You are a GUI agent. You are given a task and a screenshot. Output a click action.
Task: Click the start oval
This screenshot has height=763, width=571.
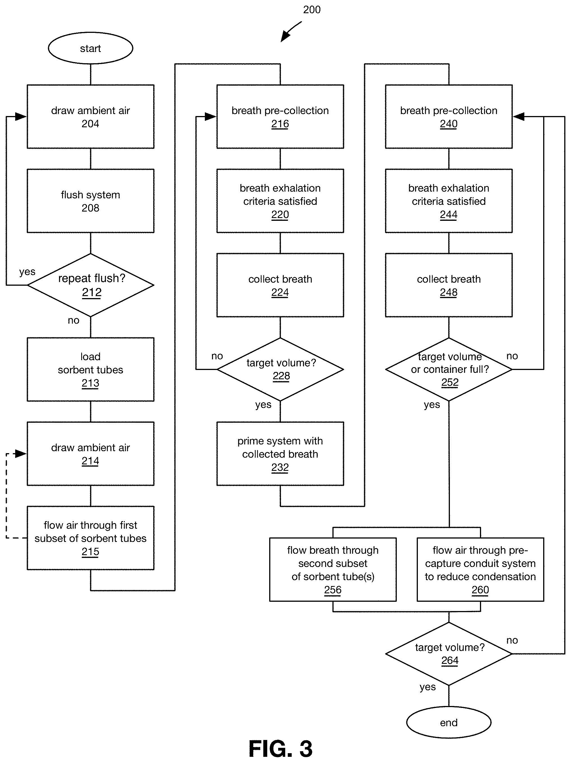pos(90,48)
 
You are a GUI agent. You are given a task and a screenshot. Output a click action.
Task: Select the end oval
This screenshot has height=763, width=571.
pos(448,722)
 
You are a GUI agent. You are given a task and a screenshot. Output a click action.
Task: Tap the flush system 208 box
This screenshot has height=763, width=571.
pos(90,201)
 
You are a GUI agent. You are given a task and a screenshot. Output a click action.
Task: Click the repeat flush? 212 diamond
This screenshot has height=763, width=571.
pos(90,285)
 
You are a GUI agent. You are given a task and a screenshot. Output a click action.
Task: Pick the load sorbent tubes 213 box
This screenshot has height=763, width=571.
pos(90,369)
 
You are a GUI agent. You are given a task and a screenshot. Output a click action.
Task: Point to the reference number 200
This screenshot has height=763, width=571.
pos(312,10)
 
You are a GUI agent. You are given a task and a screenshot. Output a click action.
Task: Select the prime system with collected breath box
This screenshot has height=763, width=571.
pos(280,454)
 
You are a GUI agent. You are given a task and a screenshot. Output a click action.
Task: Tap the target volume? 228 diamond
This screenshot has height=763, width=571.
pos(280,369)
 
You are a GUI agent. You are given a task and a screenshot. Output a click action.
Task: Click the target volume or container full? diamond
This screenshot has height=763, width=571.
pos(448,369)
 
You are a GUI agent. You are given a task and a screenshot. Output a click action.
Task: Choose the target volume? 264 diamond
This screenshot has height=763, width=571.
pos(448,654)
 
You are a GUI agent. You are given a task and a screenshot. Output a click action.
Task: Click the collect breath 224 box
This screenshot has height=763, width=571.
pos(280,285)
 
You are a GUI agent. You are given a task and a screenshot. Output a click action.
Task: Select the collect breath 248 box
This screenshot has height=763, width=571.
pos(448,285)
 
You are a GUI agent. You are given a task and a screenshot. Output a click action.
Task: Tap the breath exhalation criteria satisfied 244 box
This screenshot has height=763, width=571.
pos(448,201)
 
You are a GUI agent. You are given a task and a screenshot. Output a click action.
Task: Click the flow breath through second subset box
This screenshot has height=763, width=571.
pos(333,569)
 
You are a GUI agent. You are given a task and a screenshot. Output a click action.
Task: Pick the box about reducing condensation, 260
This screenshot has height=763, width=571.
pos(480,569)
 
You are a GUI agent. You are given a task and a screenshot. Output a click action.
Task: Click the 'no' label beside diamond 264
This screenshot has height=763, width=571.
pos(512,640)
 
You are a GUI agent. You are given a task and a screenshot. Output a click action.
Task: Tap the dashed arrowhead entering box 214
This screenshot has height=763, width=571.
pos(21,454)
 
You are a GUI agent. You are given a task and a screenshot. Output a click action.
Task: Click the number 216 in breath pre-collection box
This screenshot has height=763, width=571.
pos(280,124)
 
